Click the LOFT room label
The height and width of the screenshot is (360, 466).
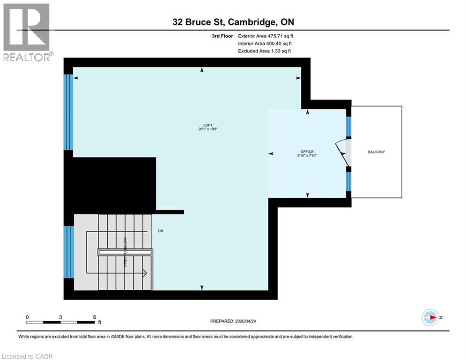(208, 125)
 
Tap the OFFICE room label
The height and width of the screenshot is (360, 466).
(307, 151)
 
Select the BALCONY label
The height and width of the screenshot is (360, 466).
(376, 152)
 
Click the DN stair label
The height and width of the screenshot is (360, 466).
(161, 231)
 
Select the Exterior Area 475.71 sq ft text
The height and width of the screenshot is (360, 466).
(266, 36)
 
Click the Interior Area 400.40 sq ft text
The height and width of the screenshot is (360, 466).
(265, 44)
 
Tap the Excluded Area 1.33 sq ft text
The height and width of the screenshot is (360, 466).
(265, 51)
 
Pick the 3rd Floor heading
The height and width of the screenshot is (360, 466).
(222, 36)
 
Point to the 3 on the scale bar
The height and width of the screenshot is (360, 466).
(60, 317)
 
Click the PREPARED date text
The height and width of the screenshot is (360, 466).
(233, 321)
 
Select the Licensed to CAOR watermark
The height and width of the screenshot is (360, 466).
(27, 356)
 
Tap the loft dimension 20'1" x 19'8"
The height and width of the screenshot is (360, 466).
(208, 129)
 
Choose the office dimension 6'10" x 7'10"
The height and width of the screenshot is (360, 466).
(307, 155)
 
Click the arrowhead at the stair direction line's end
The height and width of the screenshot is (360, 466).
(145, 273)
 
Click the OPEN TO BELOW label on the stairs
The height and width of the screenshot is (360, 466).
(126, 252)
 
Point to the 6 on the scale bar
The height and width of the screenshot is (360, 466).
(95, 317)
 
